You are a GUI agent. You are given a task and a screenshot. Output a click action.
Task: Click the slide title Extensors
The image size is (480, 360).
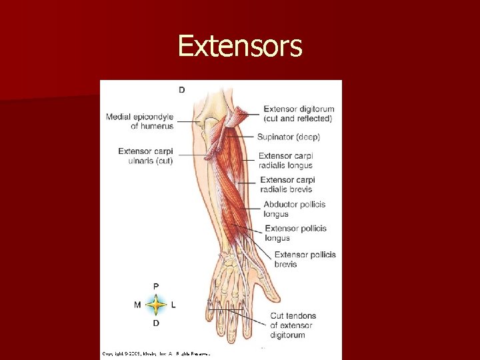pyautogui.click(x=240, y=46)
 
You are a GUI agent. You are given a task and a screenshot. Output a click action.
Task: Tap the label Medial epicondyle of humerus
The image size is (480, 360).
pyautogui.click(x=139, y=121)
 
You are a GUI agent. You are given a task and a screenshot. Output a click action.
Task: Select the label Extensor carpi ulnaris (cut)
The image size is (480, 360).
pyautogui.click(x=145, y=156)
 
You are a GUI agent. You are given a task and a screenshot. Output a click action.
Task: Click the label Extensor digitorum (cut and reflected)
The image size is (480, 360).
pyautogui.click(x=298, y=114)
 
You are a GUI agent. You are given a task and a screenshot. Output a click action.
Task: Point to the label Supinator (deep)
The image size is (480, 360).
pyautogui.click(x=289, y=137)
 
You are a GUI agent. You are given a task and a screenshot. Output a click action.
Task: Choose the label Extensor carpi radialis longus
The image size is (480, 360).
pyautogui.click(x=285, y=161)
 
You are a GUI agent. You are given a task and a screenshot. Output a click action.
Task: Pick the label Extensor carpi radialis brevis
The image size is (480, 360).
pyautogui.click(x=287, y=185)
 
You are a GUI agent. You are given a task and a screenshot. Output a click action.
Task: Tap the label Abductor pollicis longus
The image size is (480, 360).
pyautogui.click(x=294, y=209)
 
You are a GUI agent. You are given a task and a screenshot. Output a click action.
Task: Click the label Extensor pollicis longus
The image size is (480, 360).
pyautogui.click(x=295, y=233)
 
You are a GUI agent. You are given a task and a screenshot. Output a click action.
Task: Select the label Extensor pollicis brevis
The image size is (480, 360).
pyautogui.click(x=305, y=259)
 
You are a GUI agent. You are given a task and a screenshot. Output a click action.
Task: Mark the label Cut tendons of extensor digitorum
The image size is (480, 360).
pyautogui.click(x=293, y=325)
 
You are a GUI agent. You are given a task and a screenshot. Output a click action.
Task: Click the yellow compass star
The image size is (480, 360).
pyautogui.click(x=156, y=305)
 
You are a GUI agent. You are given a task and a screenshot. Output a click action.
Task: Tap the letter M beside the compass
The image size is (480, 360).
pyautogui.click(x=137, y=305)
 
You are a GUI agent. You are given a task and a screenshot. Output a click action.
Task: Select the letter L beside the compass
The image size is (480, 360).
pyautogui.click(x=173, y=305)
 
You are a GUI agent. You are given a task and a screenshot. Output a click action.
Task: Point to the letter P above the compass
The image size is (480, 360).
pyautogui.click(x=156, y=287)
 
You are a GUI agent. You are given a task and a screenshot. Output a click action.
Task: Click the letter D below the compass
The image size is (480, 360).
pyautogui.click(x=156, y=323)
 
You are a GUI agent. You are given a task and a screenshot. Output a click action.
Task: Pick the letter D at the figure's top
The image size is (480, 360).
pyautogui.click(x=181, y=89)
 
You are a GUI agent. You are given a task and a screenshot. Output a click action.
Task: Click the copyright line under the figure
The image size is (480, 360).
pyautogui.click(x=156, y=353)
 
